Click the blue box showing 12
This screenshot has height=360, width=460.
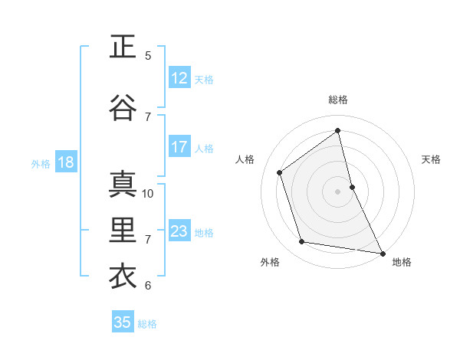pyautogui.click(x=179, y=78)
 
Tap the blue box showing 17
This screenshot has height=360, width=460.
pyautogui.click(x=179, y=147)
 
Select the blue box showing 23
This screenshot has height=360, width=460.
pyautogui.click(x=179, y=231)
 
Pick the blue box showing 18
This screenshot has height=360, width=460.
pyautogui.click(x=65, y=162)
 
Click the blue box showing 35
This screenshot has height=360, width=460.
pyautogui.click(x=123, y=322)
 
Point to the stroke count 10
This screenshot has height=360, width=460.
pyautogui.click(x=148, y=193)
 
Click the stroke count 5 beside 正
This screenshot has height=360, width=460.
pyautogui.click(x=148, y=55)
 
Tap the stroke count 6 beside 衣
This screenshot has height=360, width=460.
pyautogui.click(x=148, y=285)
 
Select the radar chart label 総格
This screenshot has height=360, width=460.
pyautogui.click(x=338, y=100)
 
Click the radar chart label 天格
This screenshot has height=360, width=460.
pyautogui.click(x=431, y=159)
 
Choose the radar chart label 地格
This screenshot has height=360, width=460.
pyautogui.click(x=402, y=262)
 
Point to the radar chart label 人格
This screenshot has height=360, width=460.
pyautogui.click(x=245, y=159)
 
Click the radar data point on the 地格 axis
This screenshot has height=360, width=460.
pyautogui.click(x=382, y=252)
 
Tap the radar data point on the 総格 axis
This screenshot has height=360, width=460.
pyautogui.click(x=338, y=130)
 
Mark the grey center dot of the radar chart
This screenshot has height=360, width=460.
pyautogui.click(x=338, y=191)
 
